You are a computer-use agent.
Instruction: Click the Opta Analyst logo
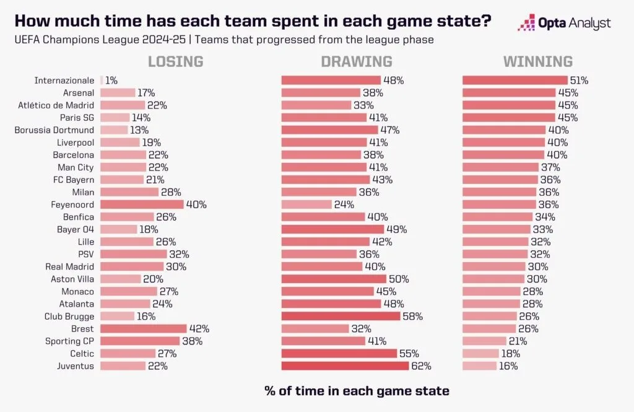[564, 24]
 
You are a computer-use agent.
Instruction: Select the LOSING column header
[175, 61]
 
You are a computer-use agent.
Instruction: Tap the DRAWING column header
[356, 61]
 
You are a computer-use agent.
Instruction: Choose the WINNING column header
[537, 61]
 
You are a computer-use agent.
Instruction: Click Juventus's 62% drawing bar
[345, 366]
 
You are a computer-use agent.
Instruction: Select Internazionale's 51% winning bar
[515, 81]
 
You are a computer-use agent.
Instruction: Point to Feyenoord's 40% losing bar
[142, 204]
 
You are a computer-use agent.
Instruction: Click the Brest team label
[83, 329]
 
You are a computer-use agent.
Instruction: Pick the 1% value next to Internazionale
[111, 81]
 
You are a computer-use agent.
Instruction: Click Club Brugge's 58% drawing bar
[341, 317]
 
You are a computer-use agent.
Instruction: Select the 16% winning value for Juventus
[508, 366]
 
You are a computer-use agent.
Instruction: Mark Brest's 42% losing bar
[143, 329]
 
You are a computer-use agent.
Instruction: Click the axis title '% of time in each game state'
[356, 391]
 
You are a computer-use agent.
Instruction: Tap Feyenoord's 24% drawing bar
[306, 204]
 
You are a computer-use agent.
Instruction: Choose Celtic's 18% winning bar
[480, 354]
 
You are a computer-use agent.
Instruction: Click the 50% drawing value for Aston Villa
[399, 279]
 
